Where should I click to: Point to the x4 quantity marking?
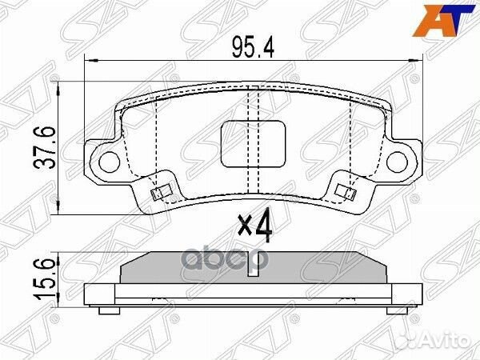coord(255,226)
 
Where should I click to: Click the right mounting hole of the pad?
coord(397,160)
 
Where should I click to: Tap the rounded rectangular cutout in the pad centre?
coord(253,144)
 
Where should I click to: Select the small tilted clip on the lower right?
coord(346,191)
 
